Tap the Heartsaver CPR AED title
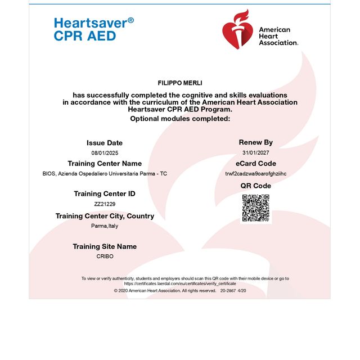coord(93,29)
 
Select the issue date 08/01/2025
coord(105,153)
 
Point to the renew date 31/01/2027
coord(256,153)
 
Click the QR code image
coord(256,208)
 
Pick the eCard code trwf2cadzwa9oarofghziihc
coord(256,174)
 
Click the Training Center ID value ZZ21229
coord(105,204)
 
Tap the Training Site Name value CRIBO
coord(105,256)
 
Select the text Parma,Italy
coord(105,226)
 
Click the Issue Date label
coord(105,143)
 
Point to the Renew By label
coord(256,142)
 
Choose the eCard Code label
coord(256,164)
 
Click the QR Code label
coord(256,186)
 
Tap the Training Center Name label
coord(105,164)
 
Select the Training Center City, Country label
coord(105,216)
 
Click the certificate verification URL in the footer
coord(180,283)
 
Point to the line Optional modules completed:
coord(180,119)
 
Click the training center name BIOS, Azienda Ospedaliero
coord(105,174)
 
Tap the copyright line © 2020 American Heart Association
coord(165,291)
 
